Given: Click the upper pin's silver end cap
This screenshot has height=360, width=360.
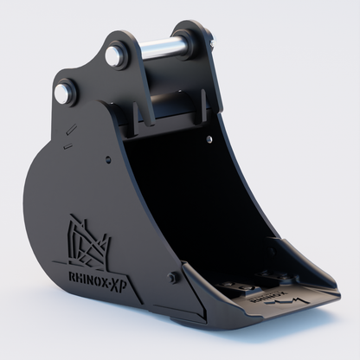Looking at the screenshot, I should (x=114, y=56).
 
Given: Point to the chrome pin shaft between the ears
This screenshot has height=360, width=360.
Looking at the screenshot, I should (x=159, y=47).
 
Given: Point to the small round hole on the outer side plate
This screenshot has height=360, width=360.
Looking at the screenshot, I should (x=106, y=159).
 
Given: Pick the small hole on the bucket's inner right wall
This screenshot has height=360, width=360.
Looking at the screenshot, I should (x=210, y=138).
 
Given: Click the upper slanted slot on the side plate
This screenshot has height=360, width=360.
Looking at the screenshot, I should (x=71, y=130).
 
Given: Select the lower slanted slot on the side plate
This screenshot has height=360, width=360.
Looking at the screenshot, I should (x=67, y=146).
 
